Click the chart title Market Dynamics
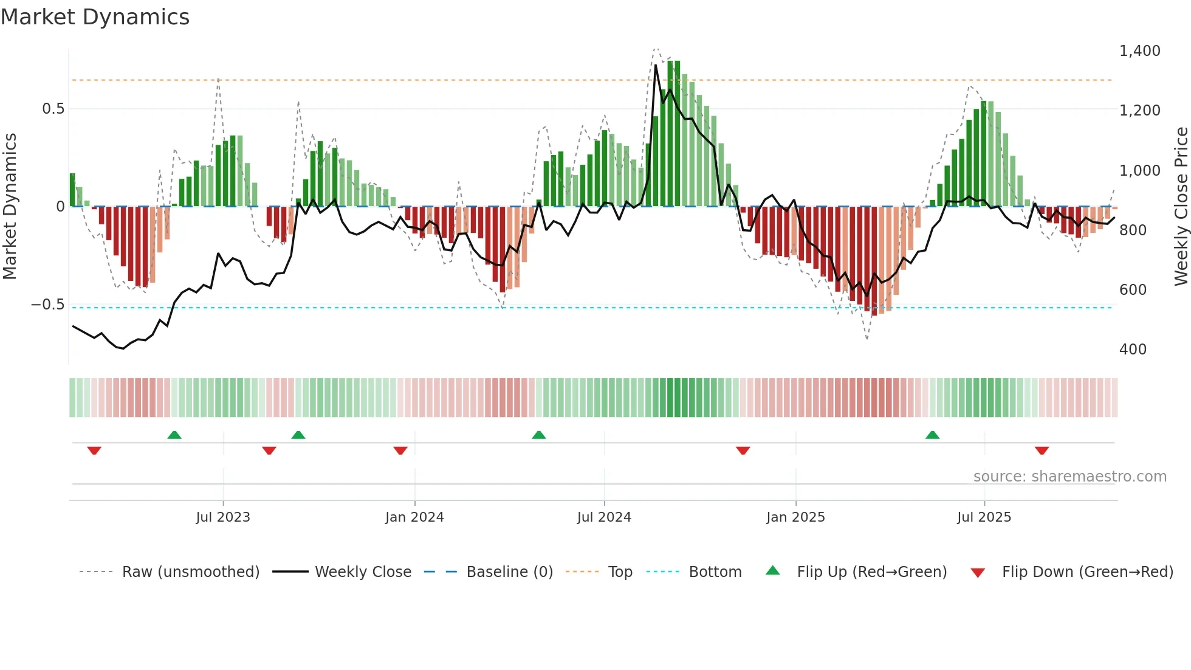[95, 17]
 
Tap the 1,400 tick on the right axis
[1139, 51]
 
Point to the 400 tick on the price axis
[1133, 350]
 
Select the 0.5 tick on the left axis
[53, 109]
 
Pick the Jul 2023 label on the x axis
[223, 517]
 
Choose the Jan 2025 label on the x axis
[795, 517]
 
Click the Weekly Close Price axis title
[1181, 207]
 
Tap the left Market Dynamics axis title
[10, 207]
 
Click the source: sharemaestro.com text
[1069, 477]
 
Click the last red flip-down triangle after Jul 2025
[1042, 451]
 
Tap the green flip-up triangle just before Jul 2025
[932, 435]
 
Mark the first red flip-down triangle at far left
[94, 451]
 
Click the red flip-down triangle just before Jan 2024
[400, 451]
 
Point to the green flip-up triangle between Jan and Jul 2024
[538, 435]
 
